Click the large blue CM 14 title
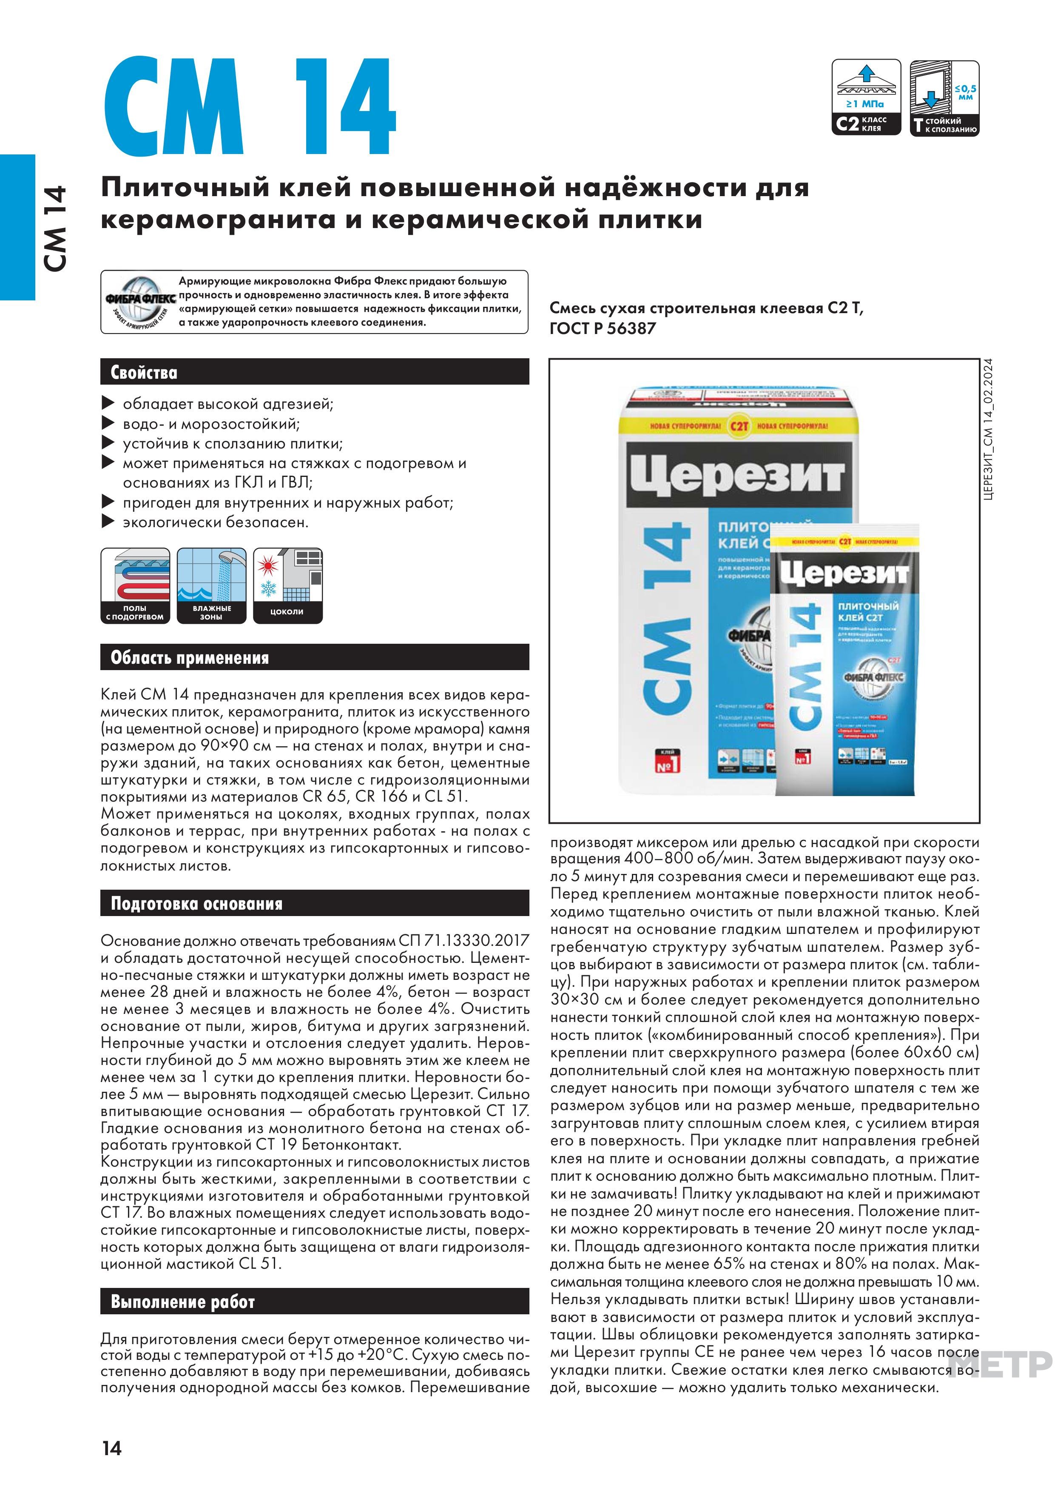pos(249,107)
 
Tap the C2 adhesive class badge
pos(867,97)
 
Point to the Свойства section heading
pos(144,373)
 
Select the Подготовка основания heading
pos(196,903)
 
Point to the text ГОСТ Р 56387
pos(603,329)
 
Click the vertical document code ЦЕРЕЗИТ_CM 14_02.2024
pos(988,429)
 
